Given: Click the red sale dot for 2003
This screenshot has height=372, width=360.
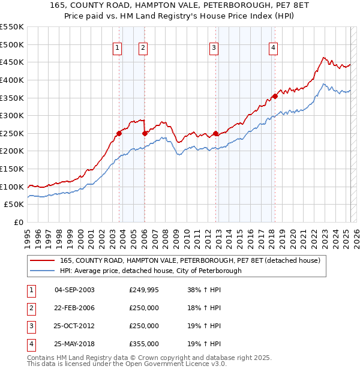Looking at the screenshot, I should [119, 133].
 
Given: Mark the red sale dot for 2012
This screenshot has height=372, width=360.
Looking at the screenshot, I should [215, 133].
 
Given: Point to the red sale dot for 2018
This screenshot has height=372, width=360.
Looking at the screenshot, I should [275, 96].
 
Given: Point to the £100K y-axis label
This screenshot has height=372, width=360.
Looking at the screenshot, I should [13, 187].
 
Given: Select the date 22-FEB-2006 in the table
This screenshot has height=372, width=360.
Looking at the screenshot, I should [74, 308].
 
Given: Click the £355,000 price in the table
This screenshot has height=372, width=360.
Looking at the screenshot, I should [144, 344].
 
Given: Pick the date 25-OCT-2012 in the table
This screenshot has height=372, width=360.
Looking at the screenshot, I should [74, 326].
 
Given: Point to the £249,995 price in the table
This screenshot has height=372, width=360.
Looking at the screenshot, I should [144, 290].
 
